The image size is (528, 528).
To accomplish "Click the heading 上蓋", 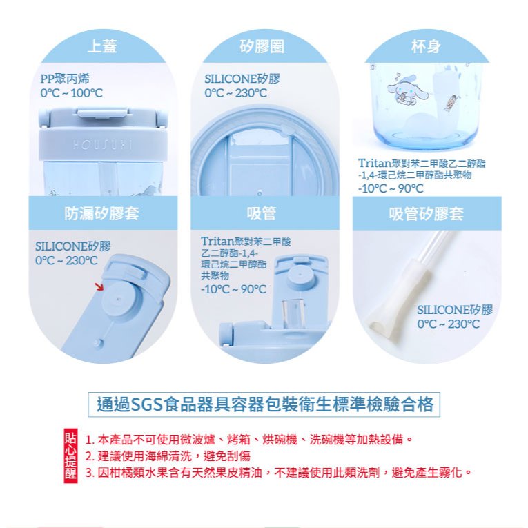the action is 102,46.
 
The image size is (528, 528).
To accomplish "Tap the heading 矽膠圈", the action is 262,46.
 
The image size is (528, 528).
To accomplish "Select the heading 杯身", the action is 426,46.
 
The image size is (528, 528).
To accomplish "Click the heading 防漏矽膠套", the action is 101,213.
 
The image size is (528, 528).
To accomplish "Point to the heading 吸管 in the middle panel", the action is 262,213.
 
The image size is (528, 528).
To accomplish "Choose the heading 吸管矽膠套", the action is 427,213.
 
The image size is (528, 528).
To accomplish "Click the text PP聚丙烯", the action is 65,79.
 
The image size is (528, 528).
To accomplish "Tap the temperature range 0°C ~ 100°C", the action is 71,93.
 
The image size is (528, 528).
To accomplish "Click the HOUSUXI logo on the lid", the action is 103,145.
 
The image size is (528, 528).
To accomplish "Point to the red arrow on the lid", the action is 99,286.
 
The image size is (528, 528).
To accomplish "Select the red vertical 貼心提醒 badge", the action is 70,456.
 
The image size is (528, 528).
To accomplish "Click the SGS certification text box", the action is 264,404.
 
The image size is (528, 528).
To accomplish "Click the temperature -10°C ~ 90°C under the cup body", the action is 391,188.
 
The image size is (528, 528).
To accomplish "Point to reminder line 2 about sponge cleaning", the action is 168,456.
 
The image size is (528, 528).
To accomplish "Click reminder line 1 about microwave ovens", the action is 249,440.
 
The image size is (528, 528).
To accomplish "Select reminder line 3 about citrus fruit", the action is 278,473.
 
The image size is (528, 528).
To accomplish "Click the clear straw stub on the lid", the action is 293,313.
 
